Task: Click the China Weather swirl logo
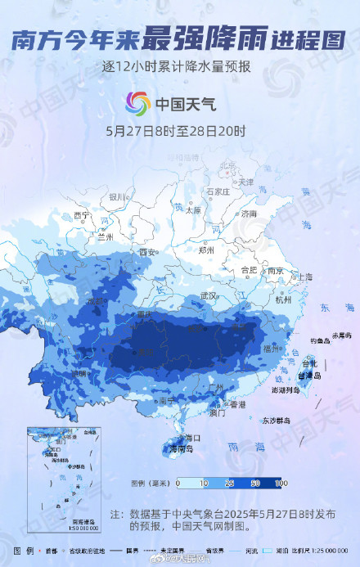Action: pos(137,104)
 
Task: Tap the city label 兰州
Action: pos(104,237)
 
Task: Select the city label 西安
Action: pos(147,252)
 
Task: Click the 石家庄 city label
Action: pos(217,191)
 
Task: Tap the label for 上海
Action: pos(304,277)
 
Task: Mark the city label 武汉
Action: pos(208,295)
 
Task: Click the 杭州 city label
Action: pos(283,300)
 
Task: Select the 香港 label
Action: pos(236,404)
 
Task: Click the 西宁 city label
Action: pos(81,214)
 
